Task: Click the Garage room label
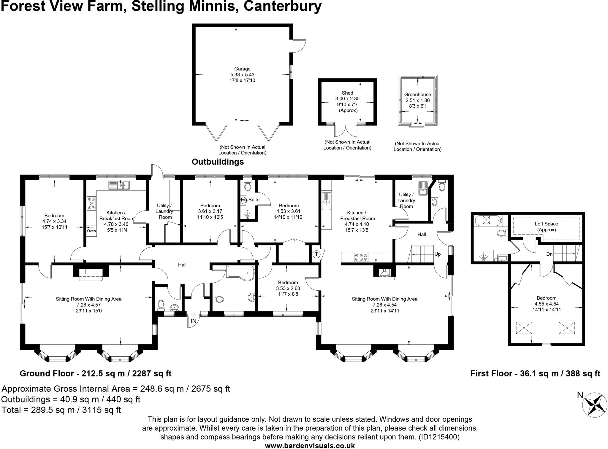pos(242,69)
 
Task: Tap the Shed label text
pos(347,93)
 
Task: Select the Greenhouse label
pos(418,95)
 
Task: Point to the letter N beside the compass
pos(580,395)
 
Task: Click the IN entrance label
pos(194,321)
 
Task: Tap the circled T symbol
pos(316,254)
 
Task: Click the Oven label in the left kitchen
pos(91,231)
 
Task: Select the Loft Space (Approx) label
pos(547,227)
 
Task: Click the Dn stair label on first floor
pos(550,254)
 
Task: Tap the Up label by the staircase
pos(438,254)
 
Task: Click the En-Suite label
pos(250,200)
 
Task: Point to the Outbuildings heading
pos(218,162)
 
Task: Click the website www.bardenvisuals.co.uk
pos(310,445)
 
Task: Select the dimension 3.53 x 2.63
pos(288,288)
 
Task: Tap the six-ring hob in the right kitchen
pos(361,257)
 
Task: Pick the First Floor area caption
pos(535,373)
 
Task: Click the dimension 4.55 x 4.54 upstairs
pos(547,304)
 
